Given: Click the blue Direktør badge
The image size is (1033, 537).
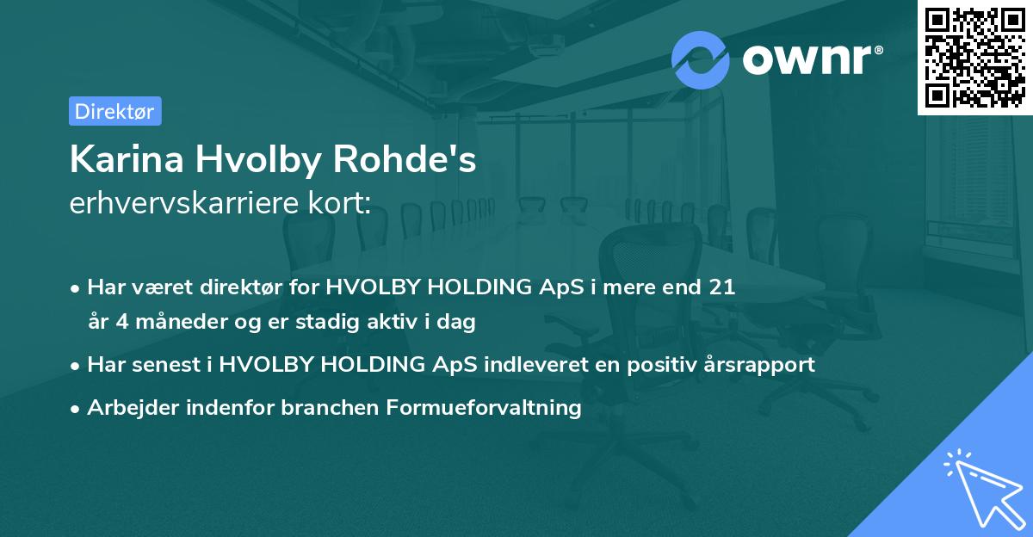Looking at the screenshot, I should [x=114, y=111].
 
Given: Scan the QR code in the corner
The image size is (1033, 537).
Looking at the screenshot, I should [x=974, y=57].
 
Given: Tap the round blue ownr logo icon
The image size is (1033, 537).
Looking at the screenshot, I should [x=701, y=59].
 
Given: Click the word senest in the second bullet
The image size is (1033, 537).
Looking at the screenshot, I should [x=165, y=364].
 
